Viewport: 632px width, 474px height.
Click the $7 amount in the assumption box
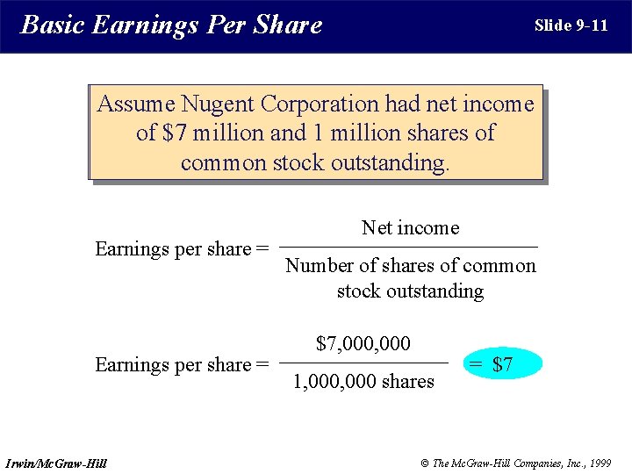pyautogui.click(x=175, y=133)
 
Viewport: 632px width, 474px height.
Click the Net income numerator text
pyautogui.click(x=410, y=228)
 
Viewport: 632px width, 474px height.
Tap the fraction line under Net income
pyautogui.click(x=410, y=247)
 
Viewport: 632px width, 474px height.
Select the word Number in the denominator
pyautogui.click(x=321, y=266)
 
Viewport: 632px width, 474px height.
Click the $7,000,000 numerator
pyautogui.click(x=363, y=343)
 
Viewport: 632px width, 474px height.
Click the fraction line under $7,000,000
pyautogui.click(x=363, y=363)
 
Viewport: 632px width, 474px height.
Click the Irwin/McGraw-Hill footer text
pyautogui.click(x=55, y=463)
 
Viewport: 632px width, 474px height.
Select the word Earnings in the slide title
pyautogui.click(x=145, y=25)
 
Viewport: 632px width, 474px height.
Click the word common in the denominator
pyautogui.click(x=499, y=266)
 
